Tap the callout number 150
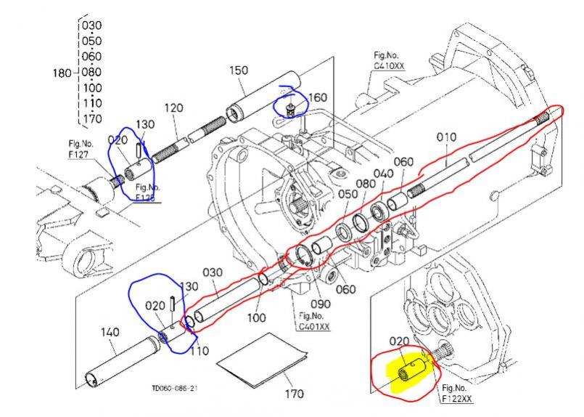(238, 70)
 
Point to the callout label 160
(318, 97)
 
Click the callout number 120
(173, 108)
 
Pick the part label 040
(384, 174)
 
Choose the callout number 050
(347, 194)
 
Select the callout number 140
(110, 332)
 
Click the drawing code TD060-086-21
(175, 389)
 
